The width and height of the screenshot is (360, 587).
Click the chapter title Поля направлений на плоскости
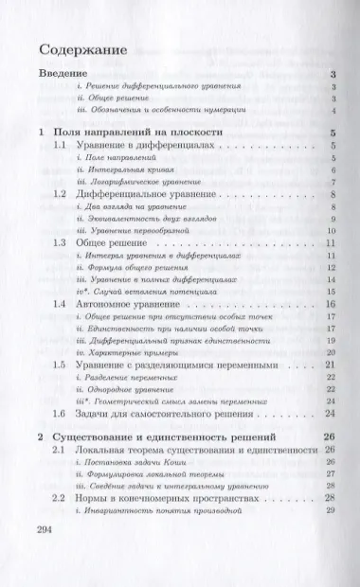[x=152, y=133]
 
